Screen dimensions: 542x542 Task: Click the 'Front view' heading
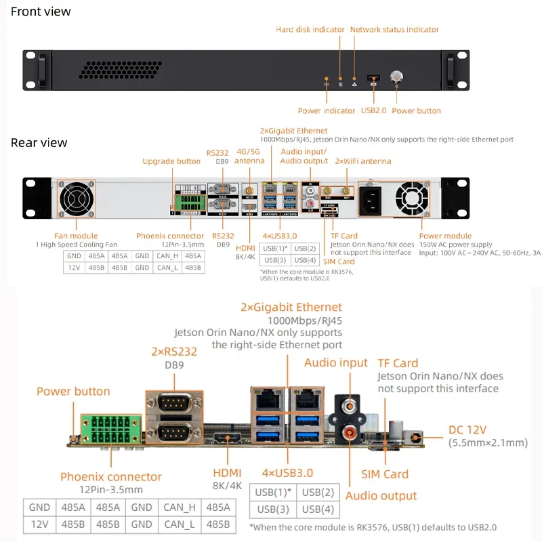tap(41, 12)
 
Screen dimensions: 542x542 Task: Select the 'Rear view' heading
tap(39, 143)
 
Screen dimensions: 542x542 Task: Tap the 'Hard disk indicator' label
tap(310, 30)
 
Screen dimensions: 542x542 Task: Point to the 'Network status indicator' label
tap(394, 30)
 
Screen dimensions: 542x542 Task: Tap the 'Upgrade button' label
tap(171, 161)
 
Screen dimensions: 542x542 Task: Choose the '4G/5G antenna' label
tap(249, 157)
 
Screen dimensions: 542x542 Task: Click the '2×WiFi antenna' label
tap(363, 161)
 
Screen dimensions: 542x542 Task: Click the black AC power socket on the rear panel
tap(371, 199)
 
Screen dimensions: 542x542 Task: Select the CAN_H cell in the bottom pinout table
tap(180, 507)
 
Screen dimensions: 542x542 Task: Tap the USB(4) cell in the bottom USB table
tap(318, 509)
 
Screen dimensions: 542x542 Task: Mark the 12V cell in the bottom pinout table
tap(39, 524)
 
